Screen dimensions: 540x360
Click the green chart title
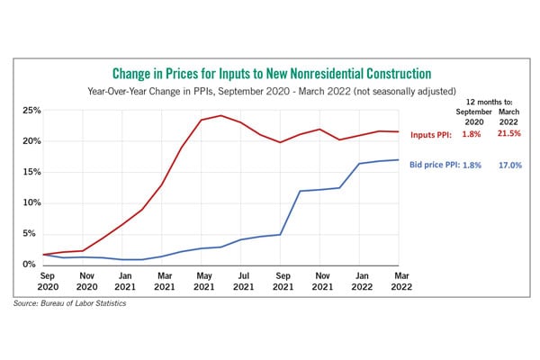pyautogui.click(x=272, y=74)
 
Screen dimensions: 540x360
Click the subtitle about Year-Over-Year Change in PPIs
pyautogui.click(x=272, y=91)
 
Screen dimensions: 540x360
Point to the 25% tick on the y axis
pyautogui.click(x=31, y=111)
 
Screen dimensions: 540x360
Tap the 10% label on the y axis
pyautogui.click(x=31, y=202)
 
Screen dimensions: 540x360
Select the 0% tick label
pyautogui.click(x=30, y=265)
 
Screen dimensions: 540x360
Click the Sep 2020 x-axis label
pyautogui.click(x=48, y=281)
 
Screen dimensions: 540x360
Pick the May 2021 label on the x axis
pyautogui.click(x=204, y=281)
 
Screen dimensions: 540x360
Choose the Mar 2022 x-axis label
pyautogui.click(x=401, y=281)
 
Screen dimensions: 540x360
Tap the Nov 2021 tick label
pyautogui.click(x=322, y=281)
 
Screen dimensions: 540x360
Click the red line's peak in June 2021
pyautogui.click(x=221, y=115)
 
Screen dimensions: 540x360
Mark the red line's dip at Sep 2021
pyautogui.click(x=280, y=142)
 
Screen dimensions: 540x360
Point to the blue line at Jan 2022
pyautogui.click(x=359, y=163)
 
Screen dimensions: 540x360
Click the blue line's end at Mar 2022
pyautogui.click(x=399, y=160)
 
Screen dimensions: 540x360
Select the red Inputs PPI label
pyautogui.click(x=431, y=135)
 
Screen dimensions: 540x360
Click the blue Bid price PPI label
pyautogui.click(x=435, y=165)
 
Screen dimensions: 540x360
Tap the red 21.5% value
pyautogui.click(x=509, y=133)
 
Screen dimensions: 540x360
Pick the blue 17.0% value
pyautogui.click(x=510, y=166)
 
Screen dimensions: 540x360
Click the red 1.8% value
pyautogui.click(x=471, y=134)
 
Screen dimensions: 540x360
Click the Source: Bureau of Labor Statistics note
pyautogui.click(x=69, y=303)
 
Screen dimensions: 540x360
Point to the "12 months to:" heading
pyautogui.click(x=489, y=102)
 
